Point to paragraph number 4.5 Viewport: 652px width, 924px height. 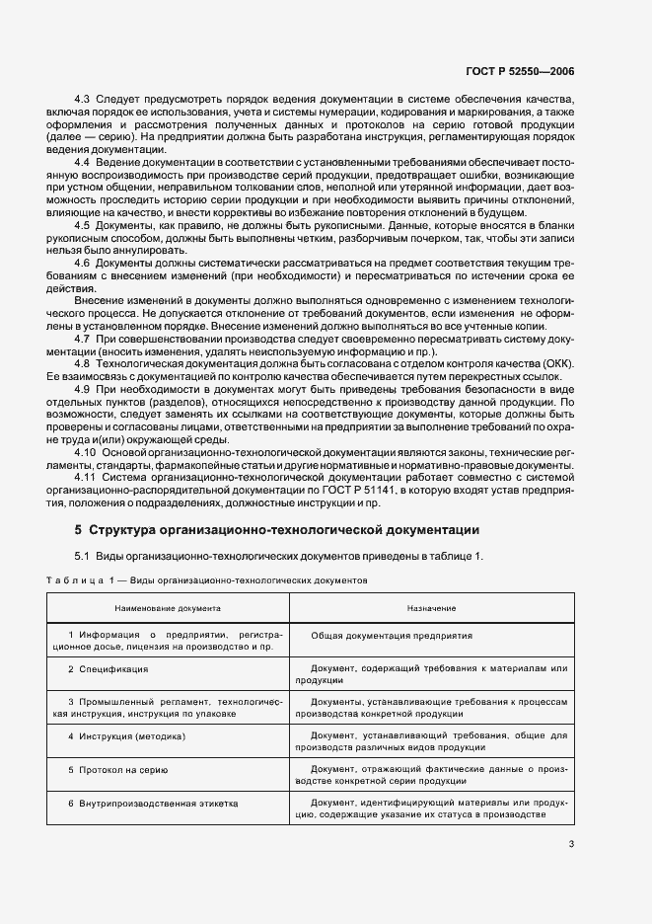click(x=83, y=225)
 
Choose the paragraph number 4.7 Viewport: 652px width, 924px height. click(x=83, y=339)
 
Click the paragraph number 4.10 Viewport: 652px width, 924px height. click(x=86, y=451)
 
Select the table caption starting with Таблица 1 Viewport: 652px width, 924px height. click(x=207, y=581)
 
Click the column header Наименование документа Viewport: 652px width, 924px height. click(x=168, y=609)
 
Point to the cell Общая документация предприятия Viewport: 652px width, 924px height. click(x=392, y=637)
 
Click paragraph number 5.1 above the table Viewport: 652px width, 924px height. click(x=82, y=556)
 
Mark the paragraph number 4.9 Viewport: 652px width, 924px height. click(x=83, y=389)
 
